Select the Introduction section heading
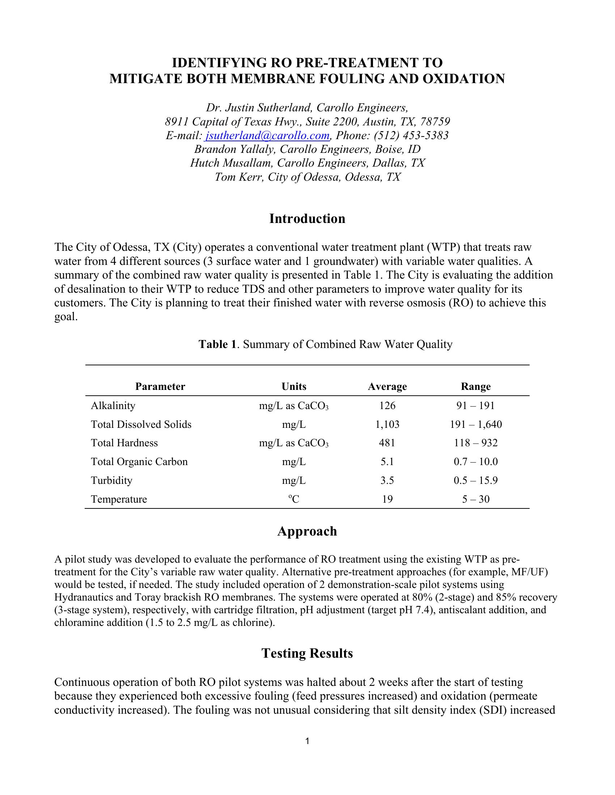307,219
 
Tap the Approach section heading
307,532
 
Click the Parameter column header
160,387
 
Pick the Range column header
475,387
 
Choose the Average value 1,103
387,425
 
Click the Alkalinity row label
113,406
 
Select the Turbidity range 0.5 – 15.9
475,481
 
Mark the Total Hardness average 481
387,443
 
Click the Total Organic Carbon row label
139,462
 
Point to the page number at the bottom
307,741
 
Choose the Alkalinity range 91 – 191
475,406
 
